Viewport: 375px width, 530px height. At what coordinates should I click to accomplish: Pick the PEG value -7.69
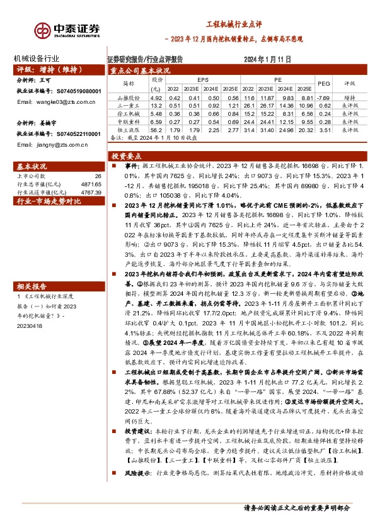[323, 98]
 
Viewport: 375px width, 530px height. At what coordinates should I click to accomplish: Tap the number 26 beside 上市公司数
[97, 177]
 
